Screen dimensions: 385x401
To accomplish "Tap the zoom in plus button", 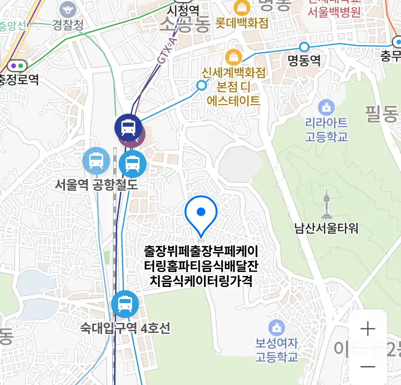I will pos(367,329).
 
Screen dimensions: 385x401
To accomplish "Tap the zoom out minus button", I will pos(367,366).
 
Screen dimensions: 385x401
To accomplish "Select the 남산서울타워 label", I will pos(326,228).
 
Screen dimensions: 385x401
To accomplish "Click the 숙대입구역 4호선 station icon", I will pos(125,304).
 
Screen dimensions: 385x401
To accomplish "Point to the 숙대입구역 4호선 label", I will pos(125,328).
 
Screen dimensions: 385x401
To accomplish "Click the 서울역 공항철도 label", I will pos(96,184).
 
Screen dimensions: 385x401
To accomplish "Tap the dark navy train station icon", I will pos(128,127).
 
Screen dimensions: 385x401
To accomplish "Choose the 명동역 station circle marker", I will pos(304,47).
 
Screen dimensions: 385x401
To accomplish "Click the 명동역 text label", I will pos(304,60).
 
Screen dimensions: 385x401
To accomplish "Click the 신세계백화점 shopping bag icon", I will pos(233,57).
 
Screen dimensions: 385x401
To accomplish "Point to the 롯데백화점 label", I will pos(242,23).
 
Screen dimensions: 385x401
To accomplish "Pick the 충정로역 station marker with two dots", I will pos(17,66).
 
